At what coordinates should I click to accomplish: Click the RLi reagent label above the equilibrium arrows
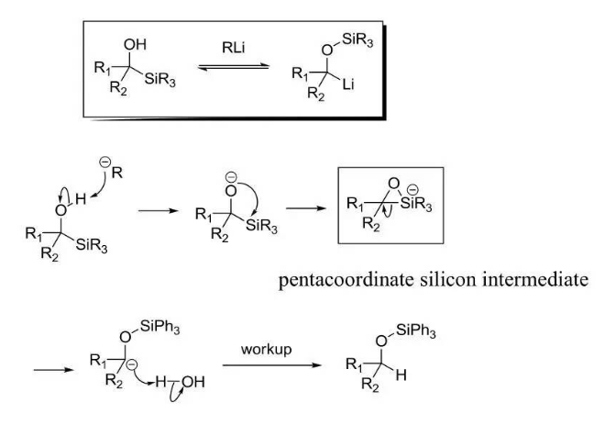click(234, 48)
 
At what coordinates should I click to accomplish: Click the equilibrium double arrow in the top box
click(234, 67)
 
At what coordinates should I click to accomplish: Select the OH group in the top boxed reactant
click(135, 45)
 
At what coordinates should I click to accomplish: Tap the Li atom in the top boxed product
click(348, 84)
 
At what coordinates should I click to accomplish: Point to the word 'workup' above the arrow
click(266, 350)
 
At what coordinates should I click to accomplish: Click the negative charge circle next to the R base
click(104, 162)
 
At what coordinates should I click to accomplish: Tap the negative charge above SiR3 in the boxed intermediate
click(412, 190)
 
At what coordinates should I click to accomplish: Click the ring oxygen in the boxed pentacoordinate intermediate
click(393, 184)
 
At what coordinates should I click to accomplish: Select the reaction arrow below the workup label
click(272, 365)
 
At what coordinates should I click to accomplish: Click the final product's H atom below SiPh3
click(401, 375)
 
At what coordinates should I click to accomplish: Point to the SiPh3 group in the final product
click(415, 331)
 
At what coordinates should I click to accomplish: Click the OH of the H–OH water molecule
click(192, 382)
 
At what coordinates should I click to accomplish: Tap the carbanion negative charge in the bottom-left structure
click(132, 363)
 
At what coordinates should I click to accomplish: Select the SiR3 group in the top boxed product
click(357, 40)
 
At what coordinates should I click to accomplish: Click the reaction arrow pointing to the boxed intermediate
click(306, 208)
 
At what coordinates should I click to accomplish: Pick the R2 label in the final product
click(370, 385)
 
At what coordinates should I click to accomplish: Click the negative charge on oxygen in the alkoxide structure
click(231, 177)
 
